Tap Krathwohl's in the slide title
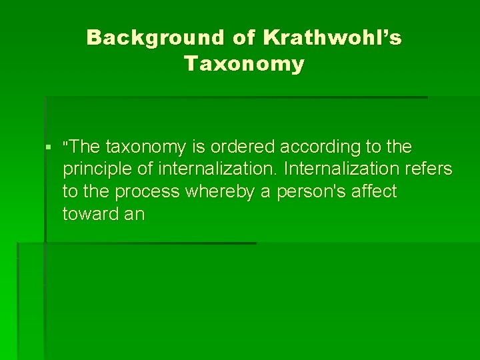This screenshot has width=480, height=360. tap(333, 38)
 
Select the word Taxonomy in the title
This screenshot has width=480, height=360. tap(244, 64)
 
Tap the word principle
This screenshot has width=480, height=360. tap(95, 170)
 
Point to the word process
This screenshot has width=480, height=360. tap(147, 192)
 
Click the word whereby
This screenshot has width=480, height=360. tap(220, 192)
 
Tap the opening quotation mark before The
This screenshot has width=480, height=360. tap(65, 144)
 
